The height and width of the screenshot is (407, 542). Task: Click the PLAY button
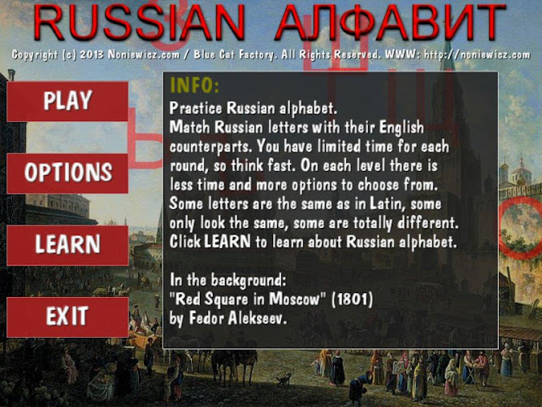coord(67,101)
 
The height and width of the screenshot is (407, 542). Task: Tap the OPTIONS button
coord(67,173)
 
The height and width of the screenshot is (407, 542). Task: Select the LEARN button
coord(67,245)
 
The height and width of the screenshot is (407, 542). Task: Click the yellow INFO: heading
coord(194,85)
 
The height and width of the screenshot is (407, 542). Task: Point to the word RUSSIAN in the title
coord(140,22)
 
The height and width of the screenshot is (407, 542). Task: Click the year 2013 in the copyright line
coord(92,55)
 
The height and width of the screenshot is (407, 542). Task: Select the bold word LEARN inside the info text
coord(227,242)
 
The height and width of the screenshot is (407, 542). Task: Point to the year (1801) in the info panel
coord(352,299)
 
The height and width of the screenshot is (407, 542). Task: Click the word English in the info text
coord(401,128)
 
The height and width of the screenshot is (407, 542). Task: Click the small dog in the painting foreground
coord(284,379)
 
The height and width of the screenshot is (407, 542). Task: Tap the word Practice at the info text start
coord(196,108)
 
